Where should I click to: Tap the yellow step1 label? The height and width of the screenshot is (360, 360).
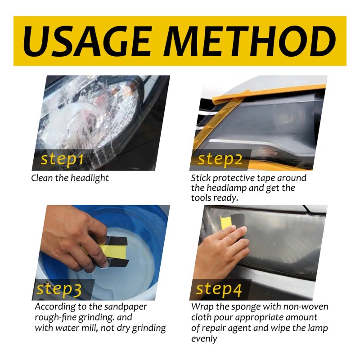coord(62,160)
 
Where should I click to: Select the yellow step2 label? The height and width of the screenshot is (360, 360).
coord(220,159)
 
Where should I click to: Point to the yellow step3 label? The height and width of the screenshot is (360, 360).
coord(59,289)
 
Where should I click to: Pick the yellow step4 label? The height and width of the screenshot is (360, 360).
coord(219,289)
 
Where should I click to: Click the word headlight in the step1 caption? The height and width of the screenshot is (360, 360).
coord(90,178)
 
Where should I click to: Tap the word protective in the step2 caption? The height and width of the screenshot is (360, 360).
coord(234,178)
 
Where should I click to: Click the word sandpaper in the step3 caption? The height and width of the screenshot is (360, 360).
coord(126,307)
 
